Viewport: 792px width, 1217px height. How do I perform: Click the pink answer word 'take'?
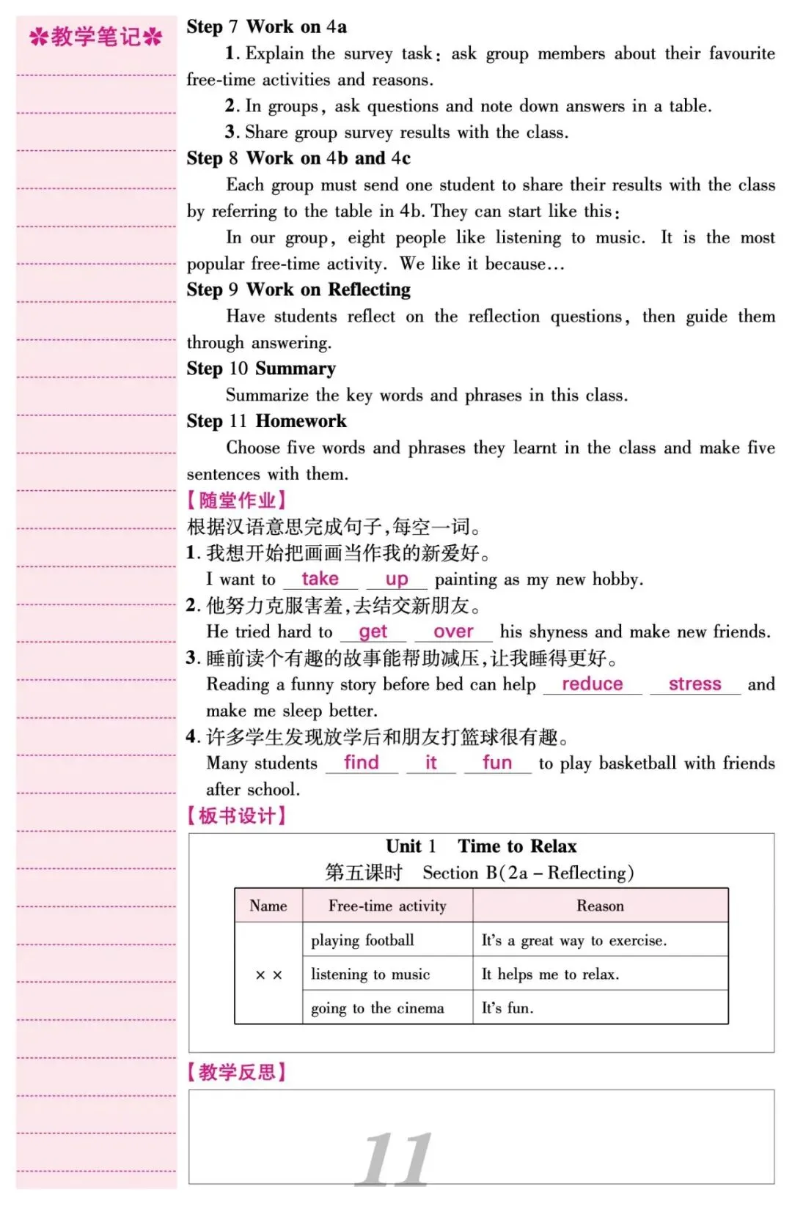320,579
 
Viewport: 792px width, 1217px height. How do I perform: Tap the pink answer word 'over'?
453,632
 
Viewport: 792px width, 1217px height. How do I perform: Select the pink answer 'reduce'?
592,684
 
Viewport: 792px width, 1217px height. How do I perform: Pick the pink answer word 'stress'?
694,684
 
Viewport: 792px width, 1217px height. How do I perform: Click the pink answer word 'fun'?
497,763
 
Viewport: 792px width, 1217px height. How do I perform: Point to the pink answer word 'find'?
362,763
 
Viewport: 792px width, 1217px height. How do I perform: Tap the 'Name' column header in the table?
268,906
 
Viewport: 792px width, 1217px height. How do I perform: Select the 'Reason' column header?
600,906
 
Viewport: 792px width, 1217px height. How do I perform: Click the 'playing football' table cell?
362,940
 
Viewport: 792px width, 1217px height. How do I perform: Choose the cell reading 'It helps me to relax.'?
550,974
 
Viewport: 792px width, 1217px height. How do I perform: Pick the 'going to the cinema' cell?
377,1008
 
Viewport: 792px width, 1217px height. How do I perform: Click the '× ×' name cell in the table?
268,974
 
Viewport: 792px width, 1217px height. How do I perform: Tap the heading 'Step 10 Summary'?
261,369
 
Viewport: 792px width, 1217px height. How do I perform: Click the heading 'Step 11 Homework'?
266,421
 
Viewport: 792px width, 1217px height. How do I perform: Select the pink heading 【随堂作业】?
237,500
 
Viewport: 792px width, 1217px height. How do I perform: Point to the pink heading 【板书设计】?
237,815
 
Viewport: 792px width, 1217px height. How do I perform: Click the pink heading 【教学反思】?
237,1072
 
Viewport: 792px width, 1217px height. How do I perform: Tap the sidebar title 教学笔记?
95,37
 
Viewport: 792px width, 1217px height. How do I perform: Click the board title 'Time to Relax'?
517,846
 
